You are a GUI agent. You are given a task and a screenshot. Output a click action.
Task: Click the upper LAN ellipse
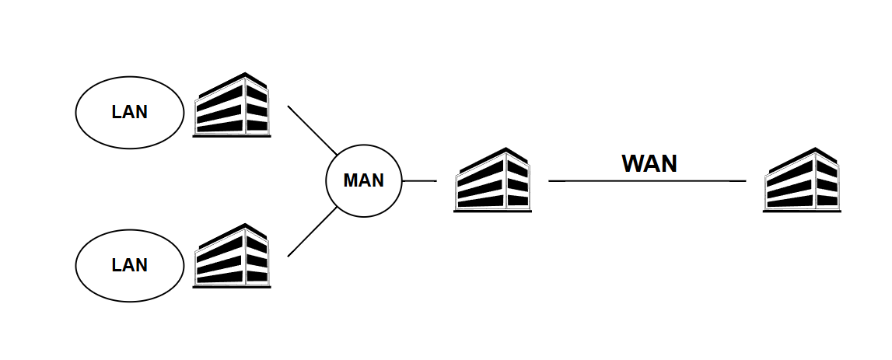(x=129, y=112)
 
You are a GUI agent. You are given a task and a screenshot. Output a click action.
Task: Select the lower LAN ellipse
(x=129, y=265)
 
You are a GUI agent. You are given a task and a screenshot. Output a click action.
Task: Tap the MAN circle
(x=364, y=180)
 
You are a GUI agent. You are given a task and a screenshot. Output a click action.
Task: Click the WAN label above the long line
(x=649, y=163)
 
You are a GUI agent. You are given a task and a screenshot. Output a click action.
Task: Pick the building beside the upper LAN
(x=232, y=106)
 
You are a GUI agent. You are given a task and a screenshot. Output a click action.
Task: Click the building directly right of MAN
(x=492, y=180)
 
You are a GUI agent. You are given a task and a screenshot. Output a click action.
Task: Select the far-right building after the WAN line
(x=802, y=180)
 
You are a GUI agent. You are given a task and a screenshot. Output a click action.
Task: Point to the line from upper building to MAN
(x=312, y=129)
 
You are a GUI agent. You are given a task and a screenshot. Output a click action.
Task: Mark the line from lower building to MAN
(x=312, y=232)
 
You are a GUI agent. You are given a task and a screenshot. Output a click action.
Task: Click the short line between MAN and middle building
(x=419, y=180)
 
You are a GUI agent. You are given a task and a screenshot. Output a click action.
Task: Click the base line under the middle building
(x=492, y=211)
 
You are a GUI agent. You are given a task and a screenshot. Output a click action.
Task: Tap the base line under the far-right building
(x=802, y=211)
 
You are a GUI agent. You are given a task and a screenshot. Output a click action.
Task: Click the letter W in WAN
(x=631, y=163)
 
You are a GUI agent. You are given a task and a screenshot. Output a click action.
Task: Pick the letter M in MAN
(x=351, y=180)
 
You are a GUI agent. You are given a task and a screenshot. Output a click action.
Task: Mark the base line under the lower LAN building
(x=232, y=288)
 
